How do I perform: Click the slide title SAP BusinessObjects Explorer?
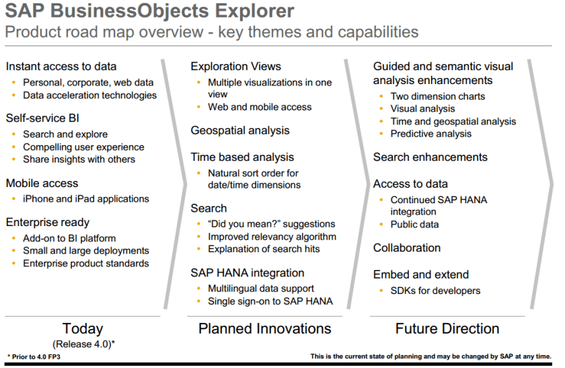point(149,11)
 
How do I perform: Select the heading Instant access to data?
point(61,67)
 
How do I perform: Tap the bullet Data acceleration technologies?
point(89,95)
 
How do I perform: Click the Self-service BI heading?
point(42,118)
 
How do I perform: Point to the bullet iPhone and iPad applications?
point(86,198)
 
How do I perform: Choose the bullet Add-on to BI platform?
point(69,238)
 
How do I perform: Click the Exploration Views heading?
point(235,67)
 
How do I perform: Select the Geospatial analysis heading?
point(240,131)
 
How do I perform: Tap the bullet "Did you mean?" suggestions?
point(271,224)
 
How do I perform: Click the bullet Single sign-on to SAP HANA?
point(270,301)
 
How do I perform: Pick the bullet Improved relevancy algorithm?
point(272,236)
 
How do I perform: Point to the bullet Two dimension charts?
point(438,96)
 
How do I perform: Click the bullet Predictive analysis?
point(431,134)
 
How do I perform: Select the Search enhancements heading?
point(430,157)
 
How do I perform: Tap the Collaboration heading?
point(407,248)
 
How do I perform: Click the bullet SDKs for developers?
point(435,291)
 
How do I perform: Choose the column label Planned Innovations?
point(265,329)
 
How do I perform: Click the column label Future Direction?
point(447,329)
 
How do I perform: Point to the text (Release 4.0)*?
point(83,344)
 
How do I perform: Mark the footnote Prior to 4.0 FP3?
point(34,357)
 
